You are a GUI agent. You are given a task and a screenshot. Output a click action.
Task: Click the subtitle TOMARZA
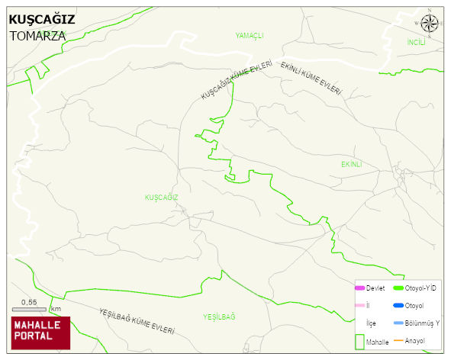click(x=37, y=36)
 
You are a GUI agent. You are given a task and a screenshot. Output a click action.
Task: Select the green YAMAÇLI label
click(x=250, y=36)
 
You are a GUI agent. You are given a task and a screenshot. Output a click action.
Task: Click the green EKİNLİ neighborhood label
click(x=350, y=164)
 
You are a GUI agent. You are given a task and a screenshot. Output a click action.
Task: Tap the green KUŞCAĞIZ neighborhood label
click(x=161, y=197)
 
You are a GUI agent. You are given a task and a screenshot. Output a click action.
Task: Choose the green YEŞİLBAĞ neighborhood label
click(x=219, y=316)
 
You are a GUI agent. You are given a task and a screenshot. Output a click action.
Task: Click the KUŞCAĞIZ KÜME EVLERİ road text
click(x=237, y=82)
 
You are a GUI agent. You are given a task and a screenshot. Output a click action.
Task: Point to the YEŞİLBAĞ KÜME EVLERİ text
click(x=137, y=323)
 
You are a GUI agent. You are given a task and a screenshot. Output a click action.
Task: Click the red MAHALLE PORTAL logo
click(x=40, y=333)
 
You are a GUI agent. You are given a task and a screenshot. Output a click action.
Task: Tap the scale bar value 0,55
click(x=29, y=302)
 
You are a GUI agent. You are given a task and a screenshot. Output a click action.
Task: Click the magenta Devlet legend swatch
click(x=360, y=288)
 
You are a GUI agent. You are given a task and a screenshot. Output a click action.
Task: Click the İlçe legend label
click(x=372, y=323)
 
